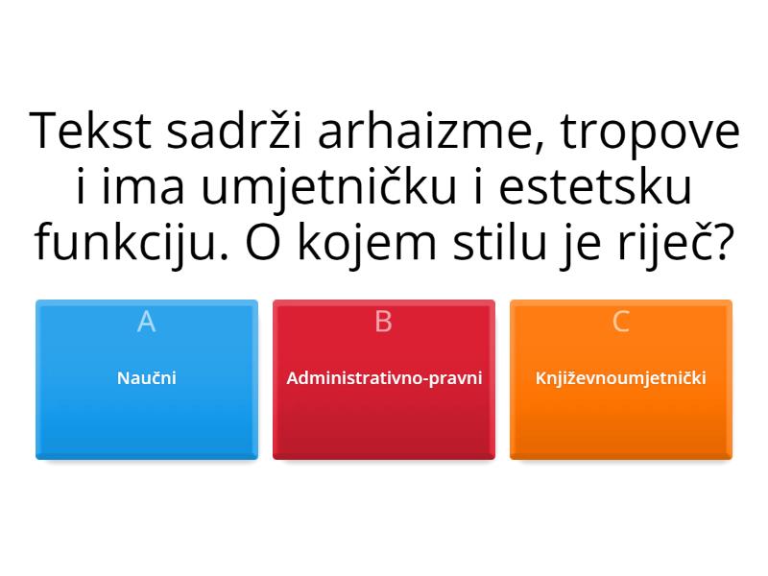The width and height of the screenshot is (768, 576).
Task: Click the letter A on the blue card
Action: tap(146, 323)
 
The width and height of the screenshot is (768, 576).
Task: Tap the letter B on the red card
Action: tap(383, 323)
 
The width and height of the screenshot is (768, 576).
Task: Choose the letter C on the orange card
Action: tap(620, 323)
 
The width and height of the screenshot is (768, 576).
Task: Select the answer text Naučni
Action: tap(146, 377)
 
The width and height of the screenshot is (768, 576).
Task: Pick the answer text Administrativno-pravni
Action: tap(383, 377)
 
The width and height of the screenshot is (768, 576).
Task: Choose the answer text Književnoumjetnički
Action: tap(620, 377)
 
